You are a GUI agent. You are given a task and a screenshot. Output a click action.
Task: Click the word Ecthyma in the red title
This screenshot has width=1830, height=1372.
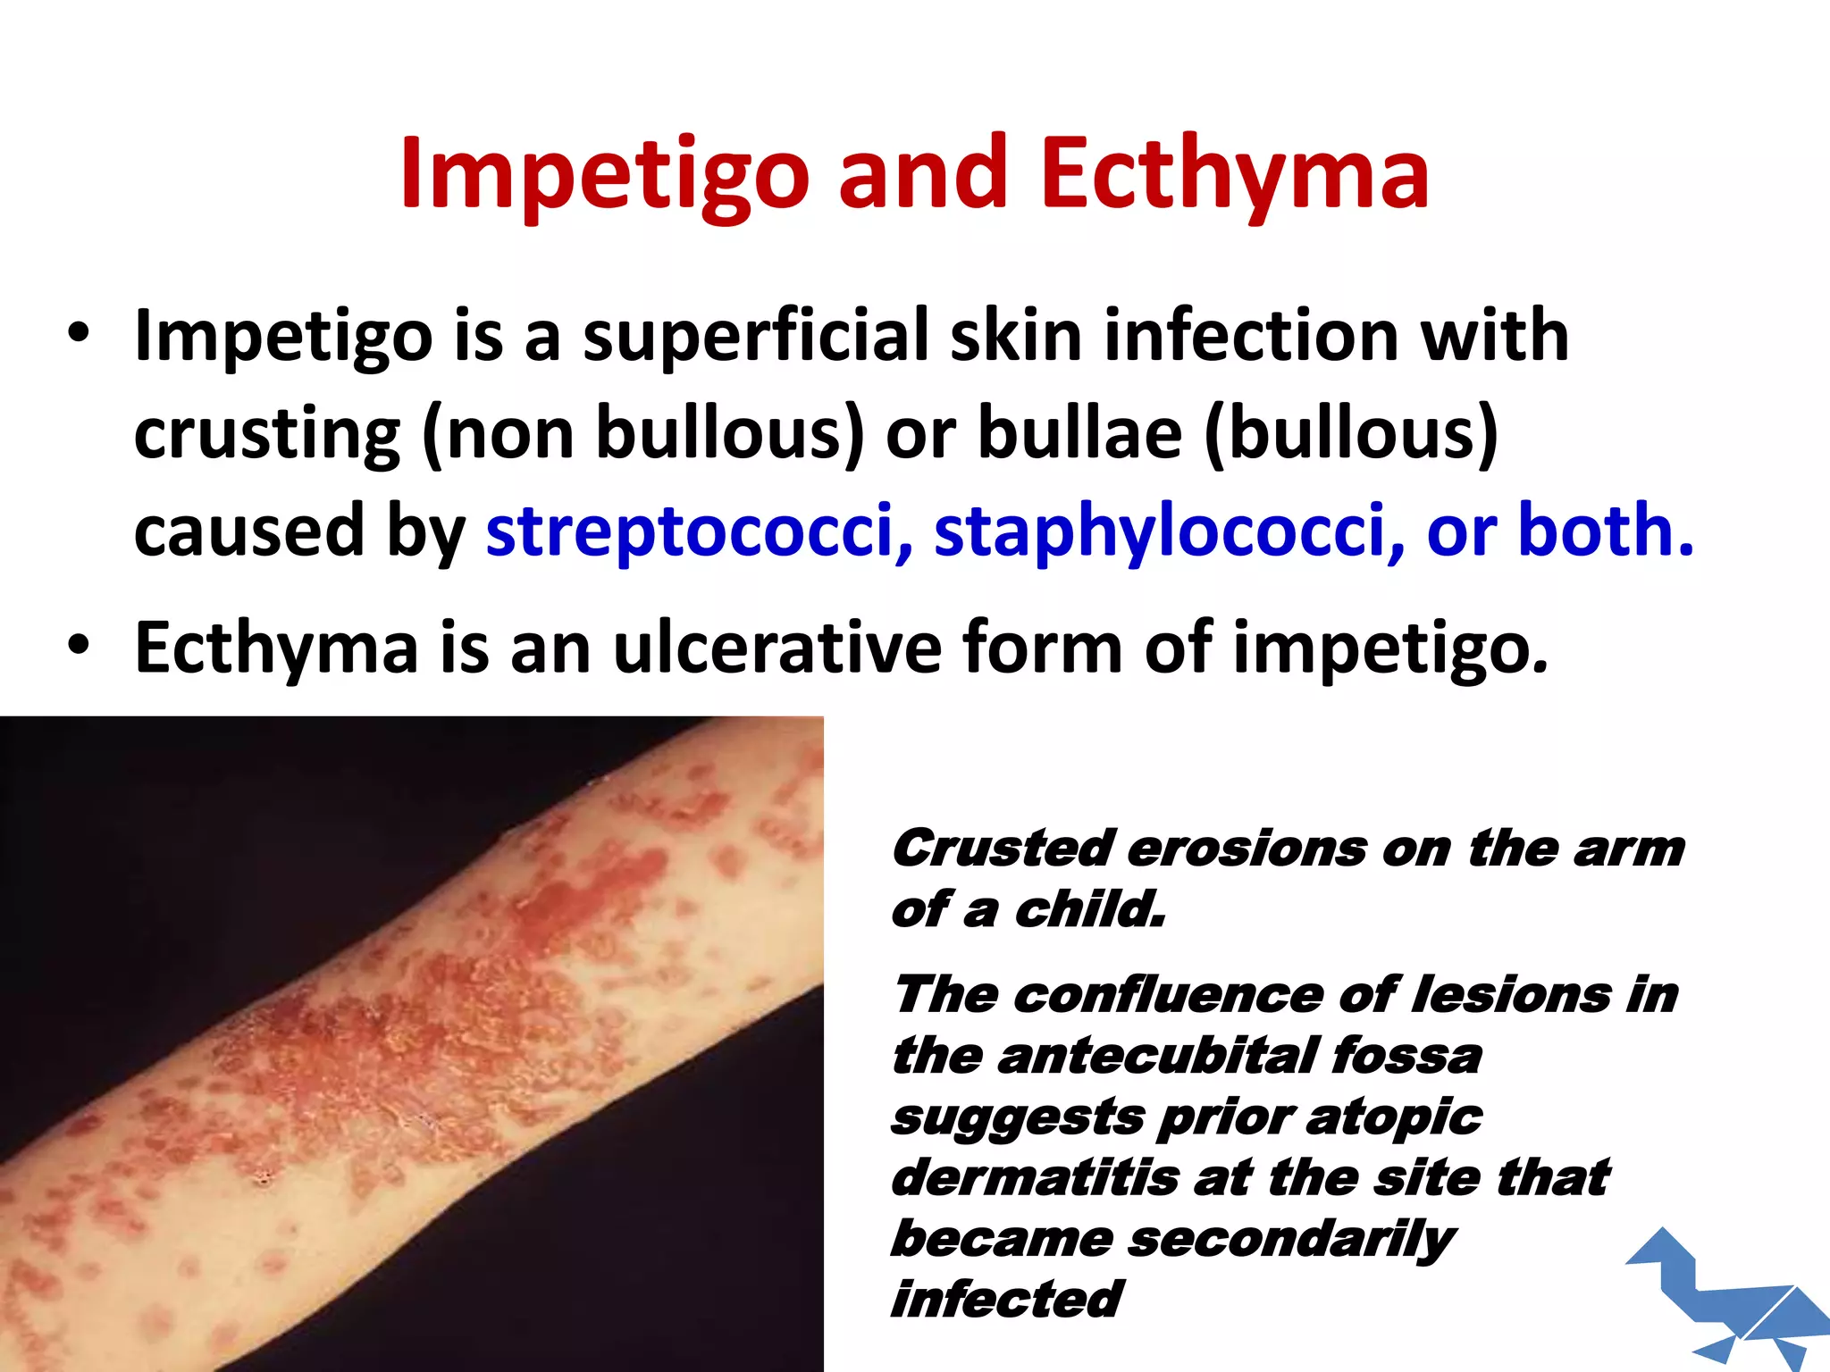[1234, 174]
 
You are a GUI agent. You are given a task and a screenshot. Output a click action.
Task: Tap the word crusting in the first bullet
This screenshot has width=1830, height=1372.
[267, 434]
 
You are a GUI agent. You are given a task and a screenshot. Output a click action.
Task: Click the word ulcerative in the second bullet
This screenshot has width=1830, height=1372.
[776, 647]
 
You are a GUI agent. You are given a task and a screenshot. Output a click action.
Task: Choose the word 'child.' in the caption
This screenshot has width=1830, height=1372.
[1090, 910]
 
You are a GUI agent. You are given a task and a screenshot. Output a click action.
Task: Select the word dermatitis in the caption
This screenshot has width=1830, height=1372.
[1035, 1177]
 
